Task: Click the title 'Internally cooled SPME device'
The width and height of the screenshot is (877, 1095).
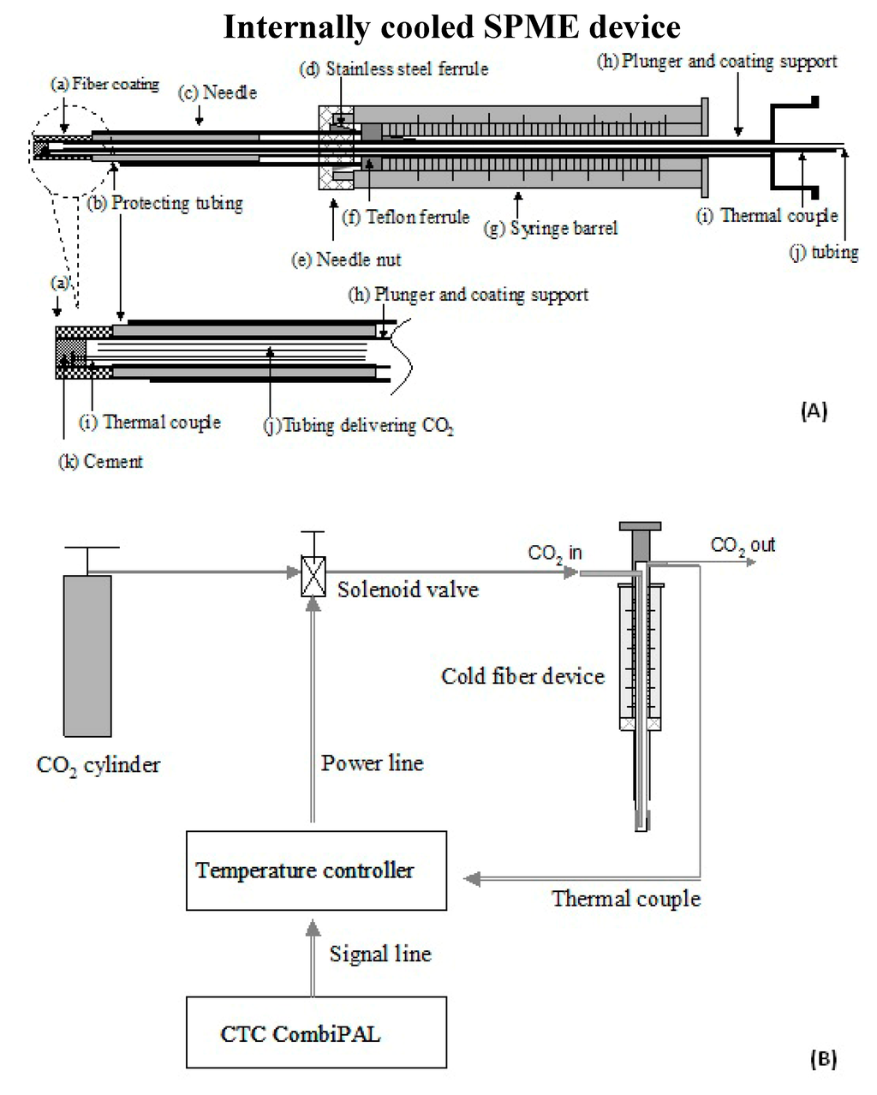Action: point(451,27)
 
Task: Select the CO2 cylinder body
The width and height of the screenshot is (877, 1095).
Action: point(87,655)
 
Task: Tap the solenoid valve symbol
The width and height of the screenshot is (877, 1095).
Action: point(313,576)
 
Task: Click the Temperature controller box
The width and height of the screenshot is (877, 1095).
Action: point(316,871)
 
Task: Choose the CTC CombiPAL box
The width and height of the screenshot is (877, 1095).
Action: point(316,1032)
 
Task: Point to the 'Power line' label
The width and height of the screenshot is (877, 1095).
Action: point(372,763)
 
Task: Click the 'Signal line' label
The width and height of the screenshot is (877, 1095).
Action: point(380,954)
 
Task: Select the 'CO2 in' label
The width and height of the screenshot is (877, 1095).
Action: point(554,553)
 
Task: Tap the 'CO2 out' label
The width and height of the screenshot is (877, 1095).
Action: point(743,545)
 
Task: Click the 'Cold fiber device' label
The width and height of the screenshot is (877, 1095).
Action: point(522,676)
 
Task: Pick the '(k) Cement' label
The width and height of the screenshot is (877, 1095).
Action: point(100,461)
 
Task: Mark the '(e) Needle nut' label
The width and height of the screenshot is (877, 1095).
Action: point(346,259)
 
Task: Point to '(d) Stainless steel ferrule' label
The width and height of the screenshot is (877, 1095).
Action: point(393,69)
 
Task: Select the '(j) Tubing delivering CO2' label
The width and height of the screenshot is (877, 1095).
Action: point(358,425)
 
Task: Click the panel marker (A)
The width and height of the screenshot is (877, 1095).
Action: point(813,410)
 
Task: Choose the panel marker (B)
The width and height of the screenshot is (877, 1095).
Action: point(822,1059)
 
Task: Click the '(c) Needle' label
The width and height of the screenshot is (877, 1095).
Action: point(218,92)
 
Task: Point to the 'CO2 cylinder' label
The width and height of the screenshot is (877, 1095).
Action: point(98,764)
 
